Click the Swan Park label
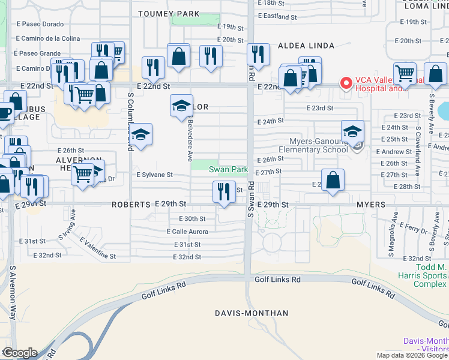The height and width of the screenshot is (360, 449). (228, 170)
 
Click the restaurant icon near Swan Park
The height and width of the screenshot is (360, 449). (223, 193)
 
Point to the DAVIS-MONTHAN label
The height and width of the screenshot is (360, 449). (252, 313)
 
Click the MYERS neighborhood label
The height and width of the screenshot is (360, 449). (371, 205)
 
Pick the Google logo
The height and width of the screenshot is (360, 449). (20, 353)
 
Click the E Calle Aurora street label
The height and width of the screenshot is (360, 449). (187, 232)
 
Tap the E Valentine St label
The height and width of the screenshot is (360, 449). (97, 247)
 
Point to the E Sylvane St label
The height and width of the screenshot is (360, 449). (154, 175)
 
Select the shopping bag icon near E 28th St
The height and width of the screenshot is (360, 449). (333, 179)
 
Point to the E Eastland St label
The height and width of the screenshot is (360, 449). (277, 17)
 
